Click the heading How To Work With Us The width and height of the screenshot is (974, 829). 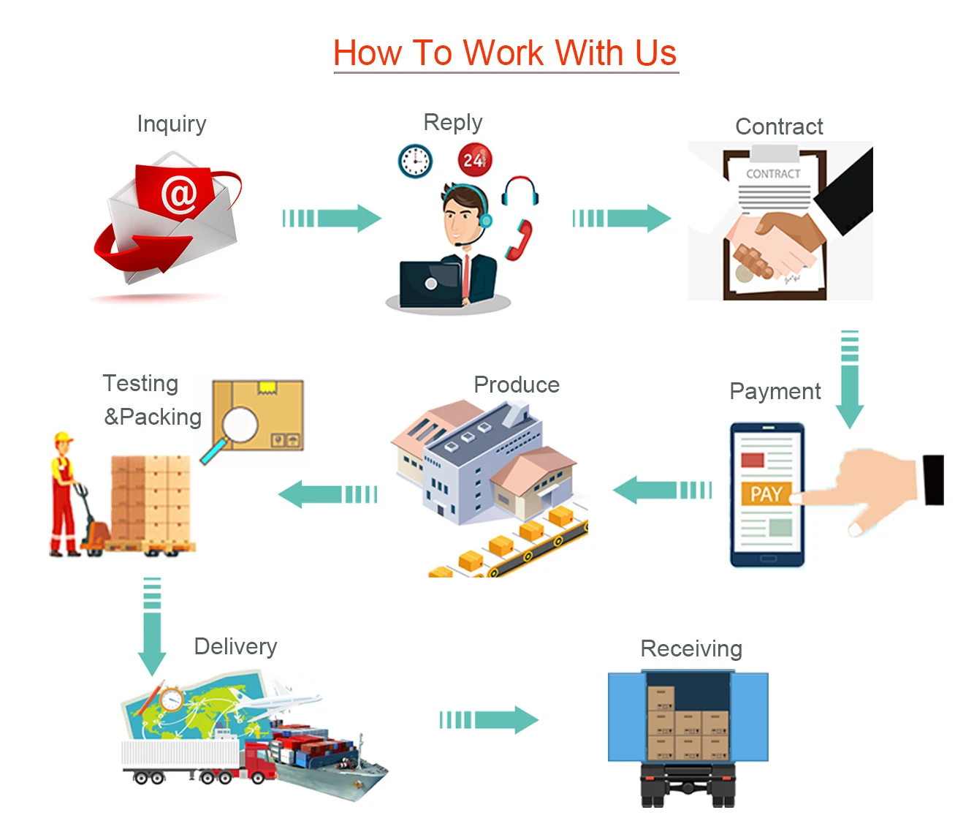coord(505,53)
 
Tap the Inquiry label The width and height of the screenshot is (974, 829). coord(172,124)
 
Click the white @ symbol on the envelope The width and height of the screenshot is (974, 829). coord(179,194)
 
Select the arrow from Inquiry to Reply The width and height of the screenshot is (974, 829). coord(332,218)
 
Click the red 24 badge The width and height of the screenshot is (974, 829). coord(474,160)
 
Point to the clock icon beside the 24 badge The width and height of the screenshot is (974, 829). coord(415,161)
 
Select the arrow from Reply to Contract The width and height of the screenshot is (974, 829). coord(621,218)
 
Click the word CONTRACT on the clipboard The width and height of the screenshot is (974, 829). coord(773,174)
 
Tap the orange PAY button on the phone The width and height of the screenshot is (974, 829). coord(766,494)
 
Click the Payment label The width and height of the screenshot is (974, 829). coord(775,391)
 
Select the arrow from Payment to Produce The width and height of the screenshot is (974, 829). coord(661,490)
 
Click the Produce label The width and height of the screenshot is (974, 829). coord(517,385)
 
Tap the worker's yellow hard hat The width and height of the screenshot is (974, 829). coord(64,437)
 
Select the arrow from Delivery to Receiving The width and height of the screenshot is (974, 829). coord(489,720)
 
